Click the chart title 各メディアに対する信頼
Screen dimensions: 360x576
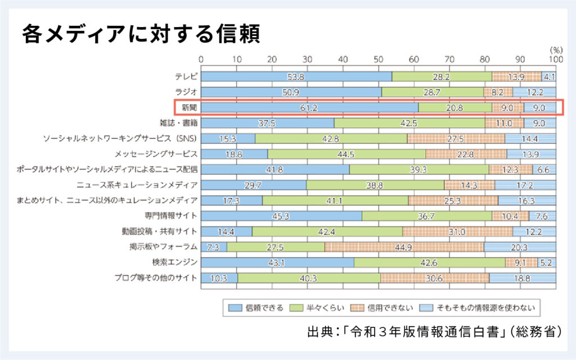[141, 35]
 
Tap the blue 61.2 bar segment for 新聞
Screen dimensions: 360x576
[309, 107]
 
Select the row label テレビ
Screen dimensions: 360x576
[186, 76]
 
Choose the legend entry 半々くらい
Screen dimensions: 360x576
[321, 308]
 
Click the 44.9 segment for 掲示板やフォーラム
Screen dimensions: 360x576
[404, 246]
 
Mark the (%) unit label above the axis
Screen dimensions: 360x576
[550, 50]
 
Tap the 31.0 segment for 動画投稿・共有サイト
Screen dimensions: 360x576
[458, 231]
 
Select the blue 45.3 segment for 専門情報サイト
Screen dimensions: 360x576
[281, 215]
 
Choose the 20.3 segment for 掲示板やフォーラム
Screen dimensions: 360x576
[520, 246]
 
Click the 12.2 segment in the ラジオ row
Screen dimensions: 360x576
[534, 92]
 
